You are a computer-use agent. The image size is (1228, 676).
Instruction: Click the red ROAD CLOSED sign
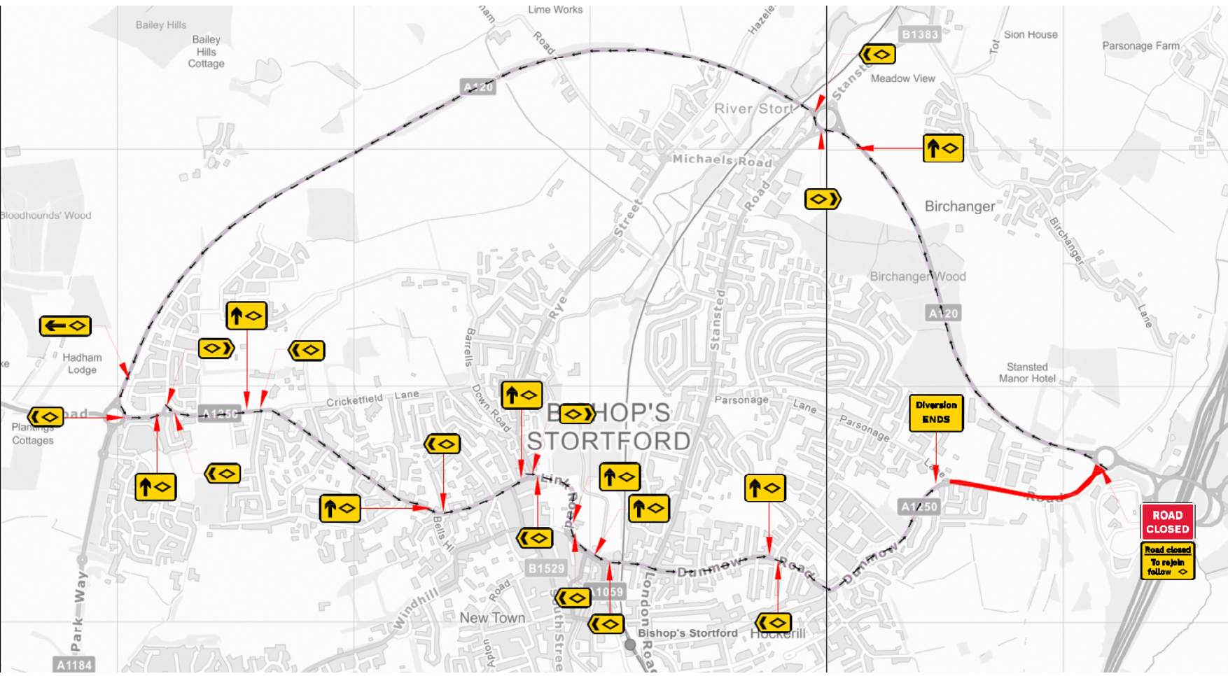click(1167, 522)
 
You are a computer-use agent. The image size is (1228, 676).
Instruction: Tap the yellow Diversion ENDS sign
click(936, 413)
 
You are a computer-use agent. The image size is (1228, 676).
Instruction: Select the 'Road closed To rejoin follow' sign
click(1167, 561)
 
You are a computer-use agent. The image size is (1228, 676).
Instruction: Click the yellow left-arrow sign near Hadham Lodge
click(65, 325)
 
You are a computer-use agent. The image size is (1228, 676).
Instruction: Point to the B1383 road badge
click(919, 34)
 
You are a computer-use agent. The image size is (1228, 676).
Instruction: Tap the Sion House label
click(1030, 34)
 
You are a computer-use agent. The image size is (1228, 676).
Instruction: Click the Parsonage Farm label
click(1140, 45)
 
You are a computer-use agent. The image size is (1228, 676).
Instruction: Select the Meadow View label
click(902, 78)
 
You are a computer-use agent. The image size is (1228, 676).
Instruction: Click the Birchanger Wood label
click(917, 276)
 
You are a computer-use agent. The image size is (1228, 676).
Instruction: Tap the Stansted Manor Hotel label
click(1027, 372)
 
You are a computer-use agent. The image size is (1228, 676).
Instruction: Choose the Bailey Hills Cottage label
click(206, 52)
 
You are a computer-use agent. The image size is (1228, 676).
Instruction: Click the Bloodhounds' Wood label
click(46, 216)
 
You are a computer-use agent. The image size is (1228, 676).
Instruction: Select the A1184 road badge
click(74, 665)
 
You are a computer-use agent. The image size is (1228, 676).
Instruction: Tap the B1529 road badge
click(546, 568)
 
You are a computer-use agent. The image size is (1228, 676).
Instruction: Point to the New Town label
click(492, 617)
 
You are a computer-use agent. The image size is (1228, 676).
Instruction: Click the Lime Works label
click(555, 9)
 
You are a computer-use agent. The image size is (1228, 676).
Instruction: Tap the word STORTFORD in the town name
click(608, 442)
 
